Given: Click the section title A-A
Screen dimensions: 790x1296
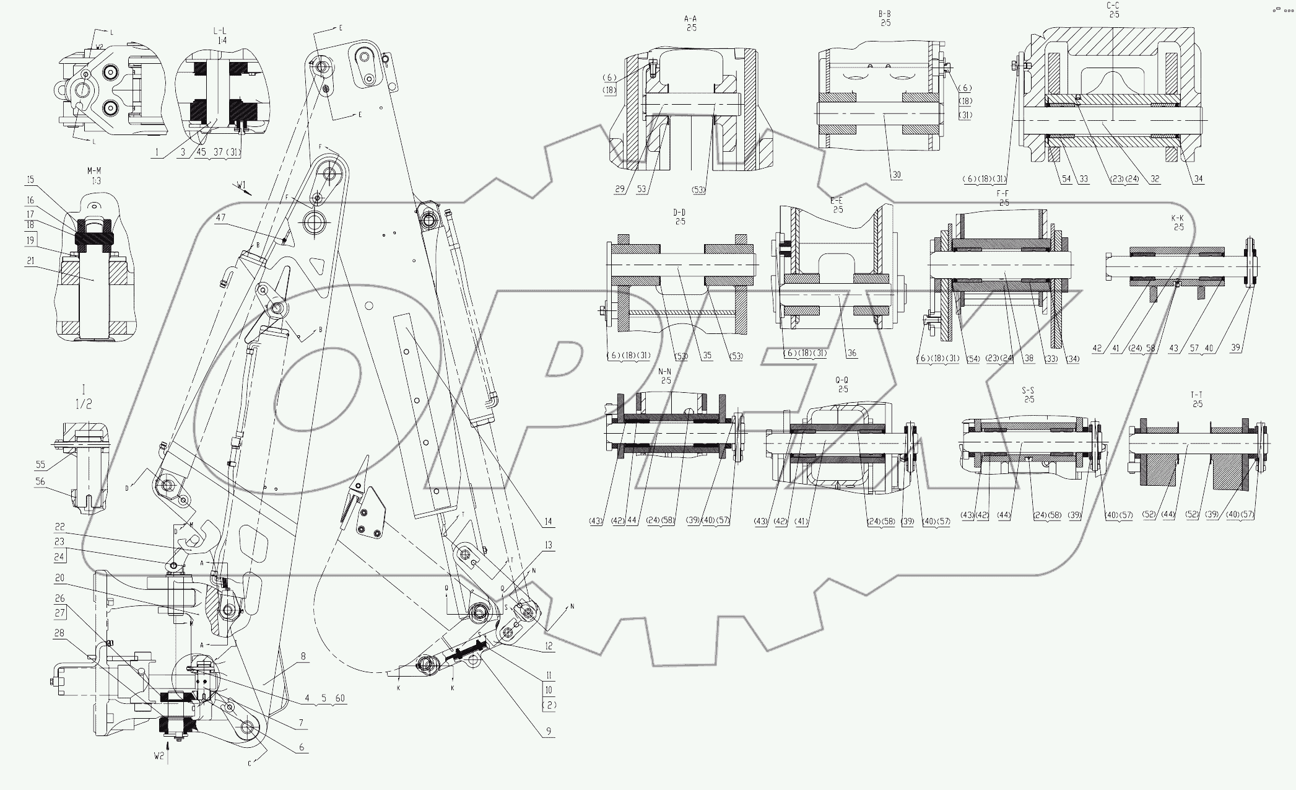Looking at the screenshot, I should coord(691,19).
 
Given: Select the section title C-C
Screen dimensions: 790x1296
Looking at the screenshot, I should coord(1112,6).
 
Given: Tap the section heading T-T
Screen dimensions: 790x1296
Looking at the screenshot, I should coord(1197,395).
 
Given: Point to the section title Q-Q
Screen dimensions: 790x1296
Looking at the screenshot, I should coord(842,380).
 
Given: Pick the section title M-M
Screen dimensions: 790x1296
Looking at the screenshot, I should coord(95,171).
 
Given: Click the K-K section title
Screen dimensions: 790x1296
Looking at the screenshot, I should coord(1178,219).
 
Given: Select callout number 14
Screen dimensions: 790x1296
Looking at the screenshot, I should coord(548,522).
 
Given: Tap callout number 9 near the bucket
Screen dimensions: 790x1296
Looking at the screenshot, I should coord(548,731).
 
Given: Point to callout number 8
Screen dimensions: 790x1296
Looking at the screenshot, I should coord(303,656).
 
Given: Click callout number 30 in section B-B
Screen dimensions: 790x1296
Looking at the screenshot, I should coord(896,175).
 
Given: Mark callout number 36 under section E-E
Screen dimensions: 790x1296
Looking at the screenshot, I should coord(851,353).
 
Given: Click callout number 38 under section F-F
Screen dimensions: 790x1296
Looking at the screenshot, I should coord(1029,358).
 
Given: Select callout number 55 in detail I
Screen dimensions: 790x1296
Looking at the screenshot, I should coord(41,463).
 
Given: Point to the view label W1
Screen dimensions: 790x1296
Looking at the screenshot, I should coord(241,184).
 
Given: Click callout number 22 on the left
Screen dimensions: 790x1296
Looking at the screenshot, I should coord(60,527).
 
